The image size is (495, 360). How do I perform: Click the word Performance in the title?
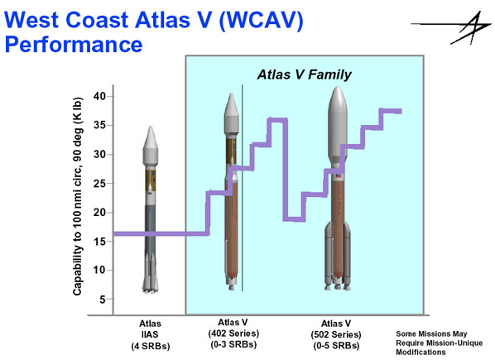74,44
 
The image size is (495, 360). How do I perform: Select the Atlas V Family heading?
304,74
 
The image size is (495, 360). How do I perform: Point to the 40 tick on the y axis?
109,96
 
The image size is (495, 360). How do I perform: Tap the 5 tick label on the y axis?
103,299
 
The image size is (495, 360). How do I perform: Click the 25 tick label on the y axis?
99,184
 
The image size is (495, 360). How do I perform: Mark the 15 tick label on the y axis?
99,242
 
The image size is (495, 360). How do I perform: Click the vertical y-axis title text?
78,196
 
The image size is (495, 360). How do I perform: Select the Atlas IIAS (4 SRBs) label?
151,335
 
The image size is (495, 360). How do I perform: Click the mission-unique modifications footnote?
439,343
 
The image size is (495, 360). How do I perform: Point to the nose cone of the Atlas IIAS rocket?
151,141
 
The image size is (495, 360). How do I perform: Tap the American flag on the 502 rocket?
338,175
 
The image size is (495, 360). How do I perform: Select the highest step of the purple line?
391,111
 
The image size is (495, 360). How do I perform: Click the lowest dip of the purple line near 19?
294,219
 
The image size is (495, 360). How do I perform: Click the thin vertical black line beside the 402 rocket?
243,188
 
